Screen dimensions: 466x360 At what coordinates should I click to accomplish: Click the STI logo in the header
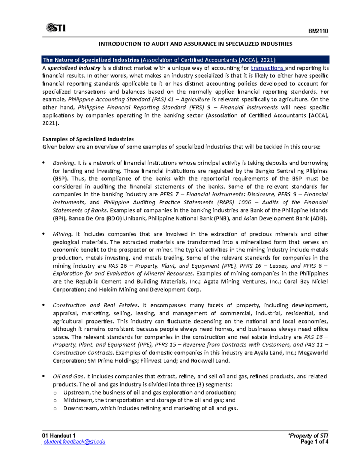[x=56, y=28]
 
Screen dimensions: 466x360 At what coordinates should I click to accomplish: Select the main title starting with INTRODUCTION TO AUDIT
[x=195, y=44]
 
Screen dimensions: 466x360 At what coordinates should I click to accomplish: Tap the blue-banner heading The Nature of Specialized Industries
[x=159, y=60]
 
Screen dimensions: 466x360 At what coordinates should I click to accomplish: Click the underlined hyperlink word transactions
[x=267, y=68]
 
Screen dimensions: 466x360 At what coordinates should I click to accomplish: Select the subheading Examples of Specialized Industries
[x=88, y=139]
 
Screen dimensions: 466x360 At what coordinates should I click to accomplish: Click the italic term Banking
[x=64, y=163]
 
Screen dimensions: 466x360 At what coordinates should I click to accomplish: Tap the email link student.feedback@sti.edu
[x=74, y=442]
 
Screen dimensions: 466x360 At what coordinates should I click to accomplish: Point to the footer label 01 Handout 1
[x=59, y=436]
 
